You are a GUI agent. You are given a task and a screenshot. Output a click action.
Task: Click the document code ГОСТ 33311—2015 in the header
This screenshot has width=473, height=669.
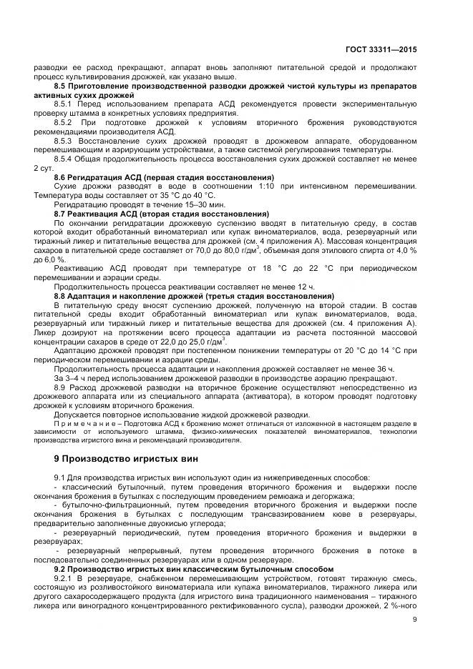[x=380, y=50]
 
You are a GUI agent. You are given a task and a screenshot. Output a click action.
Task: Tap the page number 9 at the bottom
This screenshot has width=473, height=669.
[x=414, y=620]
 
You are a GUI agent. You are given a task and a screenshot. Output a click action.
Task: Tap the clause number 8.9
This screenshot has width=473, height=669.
[x=61, y=386]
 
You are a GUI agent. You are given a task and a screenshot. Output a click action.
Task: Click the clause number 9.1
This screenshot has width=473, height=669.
[x=61, y=477]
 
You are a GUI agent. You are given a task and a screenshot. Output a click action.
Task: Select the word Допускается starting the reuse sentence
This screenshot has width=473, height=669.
[x=79, y=414]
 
